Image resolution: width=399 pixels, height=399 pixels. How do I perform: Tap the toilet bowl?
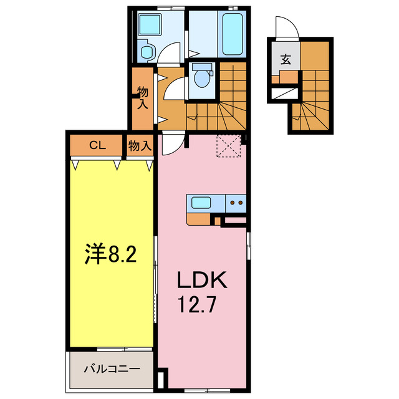tap(202, 77)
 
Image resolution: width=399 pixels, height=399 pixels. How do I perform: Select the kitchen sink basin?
tap(201, 202)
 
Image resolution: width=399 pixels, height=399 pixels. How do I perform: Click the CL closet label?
tap(97, 146)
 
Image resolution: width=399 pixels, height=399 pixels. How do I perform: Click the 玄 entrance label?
tap(285, 60)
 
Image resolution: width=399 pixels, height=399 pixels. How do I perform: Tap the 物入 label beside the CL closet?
tap(140, 146)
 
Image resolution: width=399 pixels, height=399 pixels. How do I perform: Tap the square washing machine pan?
tap(150, 25)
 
